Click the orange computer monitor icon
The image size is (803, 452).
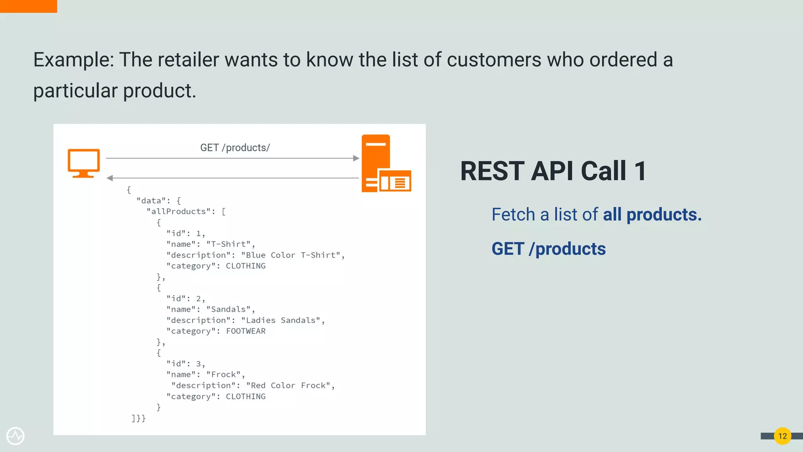tap(84, 162)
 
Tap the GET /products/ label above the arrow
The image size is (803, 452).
tap(235, 148)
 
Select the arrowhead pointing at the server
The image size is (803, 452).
tap(356, 158)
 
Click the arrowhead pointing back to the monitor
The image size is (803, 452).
tap(110, 178)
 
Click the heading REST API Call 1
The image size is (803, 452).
tap(553, 171)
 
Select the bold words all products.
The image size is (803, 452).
tap(652, 215)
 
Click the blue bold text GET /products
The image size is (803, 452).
tap(549, 249)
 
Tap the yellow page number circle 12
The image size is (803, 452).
tap(782, 436)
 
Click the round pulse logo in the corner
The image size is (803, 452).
tap(15, 436)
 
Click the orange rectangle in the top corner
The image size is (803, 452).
tap(28, 6)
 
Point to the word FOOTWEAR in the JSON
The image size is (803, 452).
tap(246, 331)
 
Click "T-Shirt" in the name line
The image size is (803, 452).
tap(229, 244)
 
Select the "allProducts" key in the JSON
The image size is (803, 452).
tap(178, 211)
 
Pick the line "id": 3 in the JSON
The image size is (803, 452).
tap(185, 364)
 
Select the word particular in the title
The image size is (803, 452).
tap(75, 91)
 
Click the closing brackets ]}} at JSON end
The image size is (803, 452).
tap(138, 418)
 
